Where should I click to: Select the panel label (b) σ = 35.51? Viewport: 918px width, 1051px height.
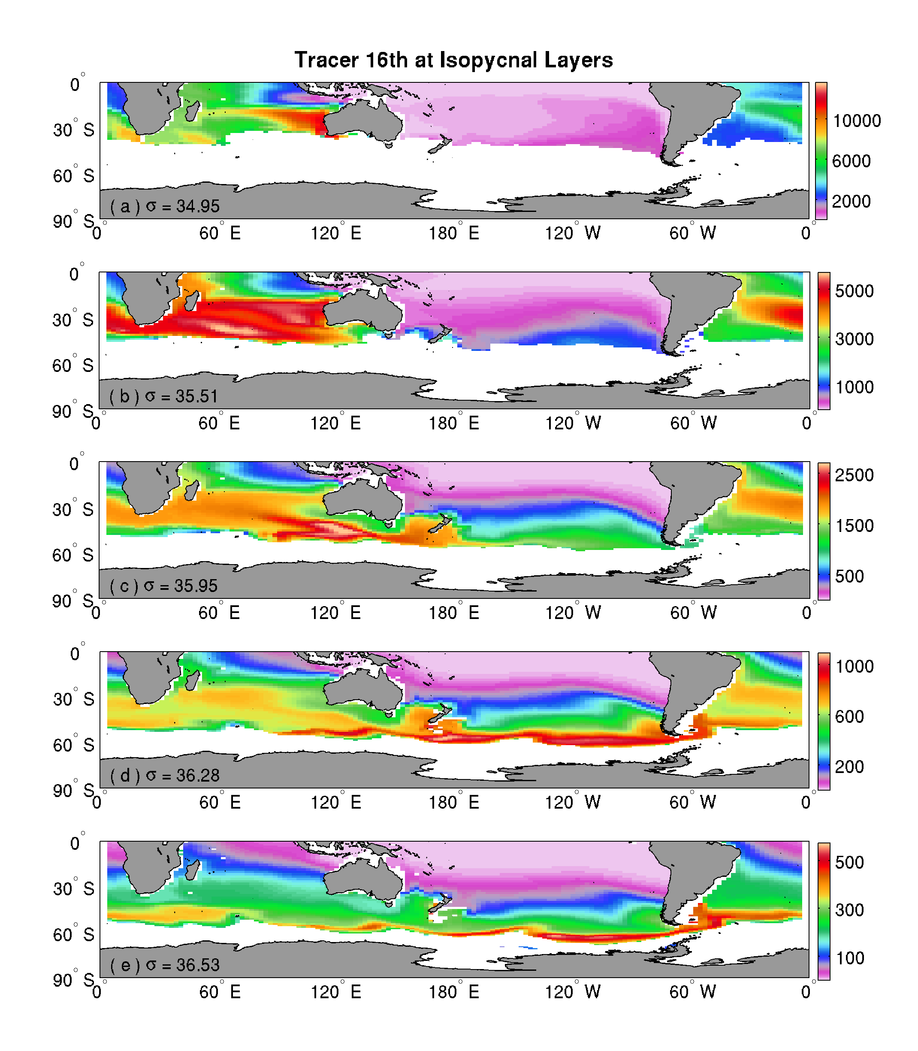coord(163,396)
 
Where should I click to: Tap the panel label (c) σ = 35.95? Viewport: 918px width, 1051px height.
coord(163,586)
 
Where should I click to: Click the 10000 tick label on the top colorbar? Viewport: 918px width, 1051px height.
coord(857,121)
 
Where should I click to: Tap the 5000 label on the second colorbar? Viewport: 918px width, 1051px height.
coord(854,291)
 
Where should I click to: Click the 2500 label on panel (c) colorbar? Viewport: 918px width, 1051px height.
coord(854,475)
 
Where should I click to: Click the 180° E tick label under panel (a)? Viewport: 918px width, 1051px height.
coord(454,233)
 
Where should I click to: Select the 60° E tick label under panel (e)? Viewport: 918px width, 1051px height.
coord(220,992)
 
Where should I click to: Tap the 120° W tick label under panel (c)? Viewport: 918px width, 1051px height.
coord(573,613)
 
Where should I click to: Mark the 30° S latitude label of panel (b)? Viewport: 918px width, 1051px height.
coord(73,320)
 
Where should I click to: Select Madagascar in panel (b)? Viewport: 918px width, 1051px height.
coord(190,300)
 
